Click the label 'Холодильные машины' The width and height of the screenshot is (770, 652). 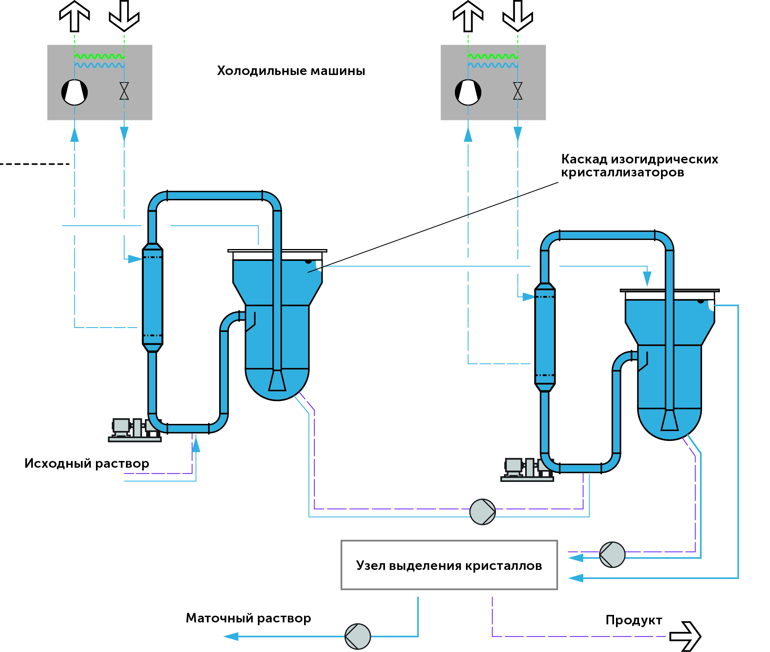(x=291, y=71)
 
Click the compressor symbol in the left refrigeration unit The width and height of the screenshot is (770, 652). (x=75, y=92)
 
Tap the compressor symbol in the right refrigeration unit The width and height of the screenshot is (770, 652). (x=468, y=92)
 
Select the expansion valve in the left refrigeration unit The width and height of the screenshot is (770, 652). (x=124, y=91)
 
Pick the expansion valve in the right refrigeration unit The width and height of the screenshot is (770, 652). (x=518, y=91)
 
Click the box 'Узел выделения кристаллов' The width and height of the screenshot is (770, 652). (x=449, y=565)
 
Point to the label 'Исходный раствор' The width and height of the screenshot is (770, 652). (x=87, y=463)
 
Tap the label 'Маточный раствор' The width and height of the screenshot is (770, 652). (x=248, y=618)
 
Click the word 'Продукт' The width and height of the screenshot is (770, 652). (x=634, y=620)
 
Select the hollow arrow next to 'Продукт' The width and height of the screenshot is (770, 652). (x=685, y=637)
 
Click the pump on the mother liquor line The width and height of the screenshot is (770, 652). (x=358, y=636)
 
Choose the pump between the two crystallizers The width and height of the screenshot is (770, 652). (x=483, y=512)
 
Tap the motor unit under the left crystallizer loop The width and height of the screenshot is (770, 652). (x=134, y=430)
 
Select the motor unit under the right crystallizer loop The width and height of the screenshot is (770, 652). (x=526, y=470)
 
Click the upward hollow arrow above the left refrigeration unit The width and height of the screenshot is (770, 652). (x=75, y=16)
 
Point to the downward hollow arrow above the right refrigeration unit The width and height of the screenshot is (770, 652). (x=518, y=16)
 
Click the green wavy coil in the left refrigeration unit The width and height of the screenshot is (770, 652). (x=100, y=56)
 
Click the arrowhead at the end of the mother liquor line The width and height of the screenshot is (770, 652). (x=231, y=636)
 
